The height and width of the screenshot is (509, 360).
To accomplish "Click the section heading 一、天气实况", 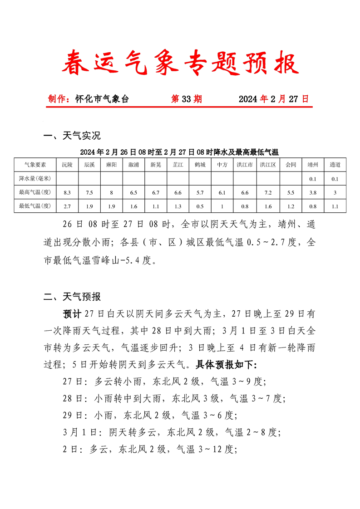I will (72, 136).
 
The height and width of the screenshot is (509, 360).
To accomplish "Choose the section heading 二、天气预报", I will (72, 297).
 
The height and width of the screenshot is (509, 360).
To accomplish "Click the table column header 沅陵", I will (67, 165).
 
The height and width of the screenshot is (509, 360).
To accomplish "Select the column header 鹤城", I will (200, 165).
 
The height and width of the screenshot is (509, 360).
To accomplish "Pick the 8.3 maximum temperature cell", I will (67, 193).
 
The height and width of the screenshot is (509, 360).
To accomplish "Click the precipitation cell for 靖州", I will (313, 179).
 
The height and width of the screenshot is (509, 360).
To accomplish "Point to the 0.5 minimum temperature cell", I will (200, 206).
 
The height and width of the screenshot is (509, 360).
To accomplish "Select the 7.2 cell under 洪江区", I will (268, 193).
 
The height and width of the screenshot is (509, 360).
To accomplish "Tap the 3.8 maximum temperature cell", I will (313, 193).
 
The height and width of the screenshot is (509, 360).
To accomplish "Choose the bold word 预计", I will (72, 313).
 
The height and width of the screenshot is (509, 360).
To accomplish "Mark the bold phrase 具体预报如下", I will (226, 364).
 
